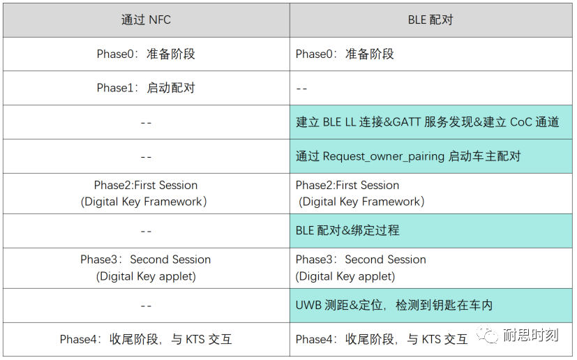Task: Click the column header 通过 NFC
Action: tap(146, 20)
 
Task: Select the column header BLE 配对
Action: tap(430, 20)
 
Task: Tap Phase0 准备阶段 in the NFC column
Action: tap(146, 54)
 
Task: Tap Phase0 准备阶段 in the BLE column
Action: tap(345, 54)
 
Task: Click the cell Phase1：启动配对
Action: tap(146, 88)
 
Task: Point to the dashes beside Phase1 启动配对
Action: tap(302, 89)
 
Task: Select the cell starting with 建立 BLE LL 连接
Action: tap(427, 122)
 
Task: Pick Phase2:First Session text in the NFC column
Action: tap(146, 186)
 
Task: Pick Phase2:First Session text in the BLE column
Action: tap(347, 186)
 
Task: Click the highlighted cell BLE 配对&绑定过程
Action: tap(347, 230)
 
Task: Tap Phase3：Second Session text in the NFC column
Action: tap(146, 260)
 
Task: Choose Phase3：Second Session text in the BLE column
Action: tap(361, 260)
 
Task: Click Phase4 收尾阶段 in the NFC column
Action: tap(146, 340)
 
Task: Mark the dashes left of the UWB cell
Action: tap(146, 306)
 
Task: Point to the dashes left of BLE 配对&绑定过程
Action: tap(146, 231)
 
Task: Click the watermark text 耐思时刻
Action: tap(531, 336)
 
